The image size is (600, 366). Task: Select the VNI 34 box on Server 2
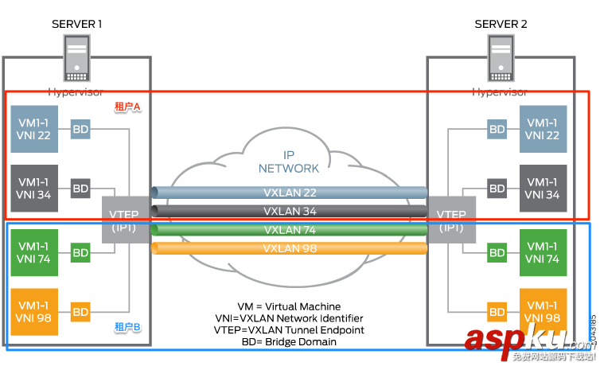tap(543, 188)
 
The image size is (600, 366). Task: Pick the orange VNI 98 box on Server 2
tap(543, 312)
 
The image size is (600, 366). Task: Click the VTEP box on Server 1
tap(121, 220)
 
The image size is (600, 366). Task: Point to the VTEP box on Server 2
tap(452, 220)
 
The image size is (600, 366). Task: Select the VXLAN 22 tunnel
tap(289, 193)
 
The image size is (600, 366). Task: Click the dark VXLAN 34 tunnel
tap(289, 211)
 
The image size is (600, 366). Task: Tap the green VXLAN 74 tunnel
tap(289, 230)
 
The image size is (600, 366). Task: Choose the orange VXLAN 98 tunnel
tap(289, 248)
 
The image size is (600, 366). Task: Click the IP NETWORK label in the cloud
tap(289, 162)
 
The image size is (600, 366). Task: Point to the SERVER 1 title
tap(76, 24)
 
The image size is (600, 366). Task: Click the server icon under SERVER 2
tap(501, 60)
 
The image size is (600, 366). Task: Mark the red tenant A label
tap(127, 107)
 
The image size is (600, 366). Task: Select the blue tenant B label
tap(127, 327)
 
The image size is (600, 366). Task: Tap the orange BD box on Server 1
tap(81, 312)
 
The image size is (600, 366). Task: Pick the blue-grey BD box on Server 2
tap(497, 129)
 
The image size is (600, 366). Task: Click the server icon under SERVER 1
tap(76, 60)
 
